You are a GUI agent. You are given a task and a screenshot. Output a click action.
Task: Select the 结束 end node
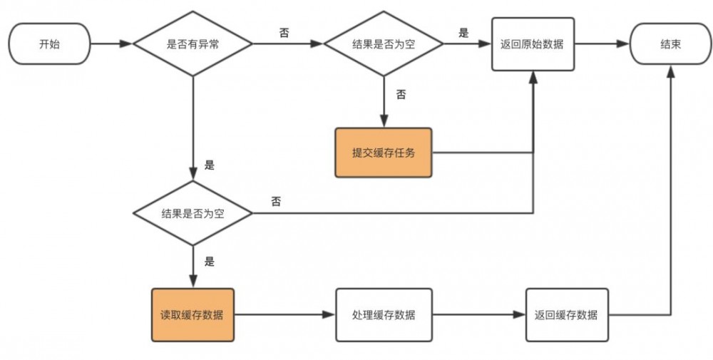(670, 43)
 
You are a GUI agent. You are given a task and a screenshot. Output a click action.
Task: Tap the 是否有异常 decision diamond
(193, 43)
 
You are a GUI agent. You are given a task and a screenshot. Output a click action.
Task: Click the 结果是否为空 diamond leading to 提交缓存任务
(384, 43)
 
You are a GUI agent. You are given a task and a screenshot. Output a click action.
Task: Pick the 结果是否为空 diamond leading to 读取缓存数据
(193, 213)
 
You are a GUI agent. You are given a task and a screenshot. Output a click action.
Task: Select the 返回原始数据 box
(533, 43)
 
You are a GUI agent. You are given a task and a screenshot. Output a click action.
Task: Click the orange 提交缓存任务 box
(384, 153)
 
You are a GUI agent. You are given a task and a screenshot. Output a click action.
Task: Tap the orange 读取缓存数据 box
(193, 314)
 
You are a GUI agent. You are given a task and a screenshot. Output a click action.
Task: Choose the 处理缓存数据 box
(384, 314)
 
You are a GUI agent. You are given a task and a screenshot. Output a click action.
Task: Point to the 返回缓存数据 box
(566, 314)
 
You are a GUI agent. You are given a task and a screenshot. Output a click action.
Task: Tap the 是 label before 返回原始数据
(464, 32)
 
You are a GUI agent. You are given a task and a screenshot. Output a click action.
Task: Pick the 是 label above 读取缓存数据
(209, 261)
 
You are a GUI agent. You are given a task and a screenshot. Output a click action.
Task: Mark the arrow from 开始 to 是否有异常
(112, 43)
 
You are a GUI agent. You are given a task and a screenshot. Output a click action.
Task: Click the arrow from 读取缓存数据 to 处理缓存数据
(284, 314)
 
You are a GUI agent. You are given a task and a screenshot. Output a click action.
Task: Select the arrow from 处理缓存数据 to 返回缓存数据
(478, 314)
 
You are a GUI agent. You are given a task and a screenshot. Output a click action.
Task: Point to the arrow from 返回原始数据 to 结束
(602, 43)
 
